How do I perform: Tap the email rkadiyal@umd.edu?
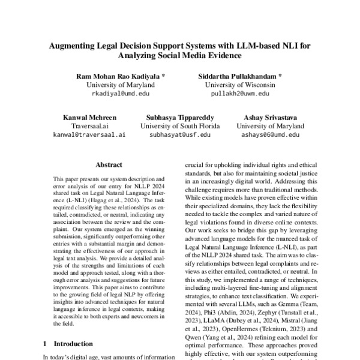tap(118, 94)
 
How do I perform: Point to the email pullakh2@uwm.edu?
tap(241, 94)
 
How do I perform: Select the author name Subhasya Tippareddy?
tap(180, 118)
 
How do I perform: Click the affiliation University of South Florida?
tap(180, 127)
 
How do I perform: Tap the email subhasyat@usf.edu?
tap(180, 136)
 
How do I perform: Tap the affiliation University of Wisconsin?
tap(241, 85)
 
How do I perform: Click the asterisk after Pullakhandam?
tap(280, 77)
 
